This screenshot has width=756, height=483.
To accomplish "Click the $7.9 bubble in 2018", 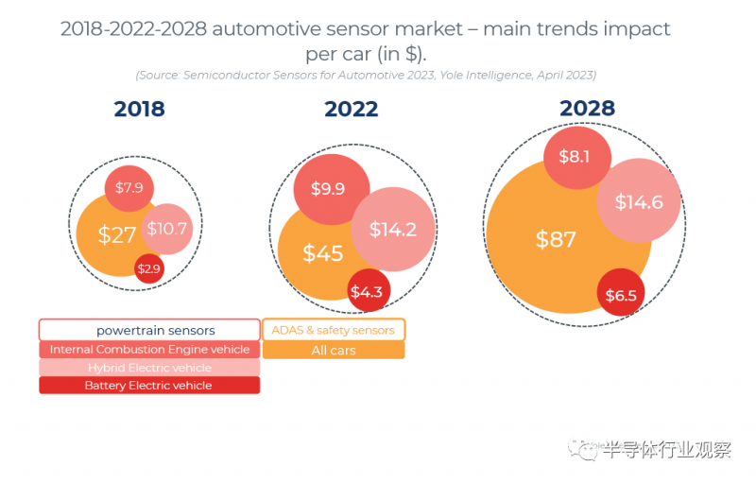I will click(129, 188).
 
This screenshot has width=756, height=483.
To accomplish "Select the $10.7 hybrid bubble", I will click(167, 229).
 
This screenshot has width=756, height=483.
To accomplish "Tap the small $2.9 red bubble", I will click(149, 269).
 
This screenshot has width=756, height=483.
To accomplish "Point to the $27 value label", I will click(117, 234).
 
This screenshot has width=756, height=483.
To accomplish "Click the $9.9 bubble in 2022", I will click(327, 188).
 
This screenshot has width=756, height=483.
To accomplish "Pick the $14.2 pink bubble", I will click(392, 230).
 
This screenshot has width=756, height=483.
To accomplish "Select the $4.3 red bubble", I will click(366, 292).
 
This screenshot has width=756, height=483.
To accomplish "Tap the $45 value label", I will click(322, 253).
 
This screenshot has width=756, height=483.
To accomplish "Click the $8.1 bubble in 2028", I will click(575, 157).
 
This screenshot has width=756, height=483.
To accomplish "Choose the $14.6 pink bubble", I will click(639, 202).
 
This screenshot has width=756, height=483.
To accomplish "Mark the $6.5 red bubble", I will click(620, 295).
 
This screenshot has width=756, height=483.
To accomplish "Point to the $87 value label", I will click(556, 240).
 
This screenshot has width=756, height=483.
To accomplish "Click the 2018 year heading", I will click(139, 109).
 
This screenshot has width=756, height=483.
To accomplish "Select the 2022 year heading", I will click(352, 109).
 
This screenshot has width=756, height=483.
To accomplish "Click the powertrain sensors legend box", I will click(149, 331).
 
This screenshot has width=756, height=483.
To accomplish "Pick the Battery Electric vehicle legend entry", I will click(149, 386).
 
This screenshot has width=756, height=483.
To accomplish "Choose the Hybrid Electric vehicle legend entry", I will click(149, 368).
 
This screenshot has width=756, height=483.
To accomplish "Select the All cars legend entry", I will click(333, 350).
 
